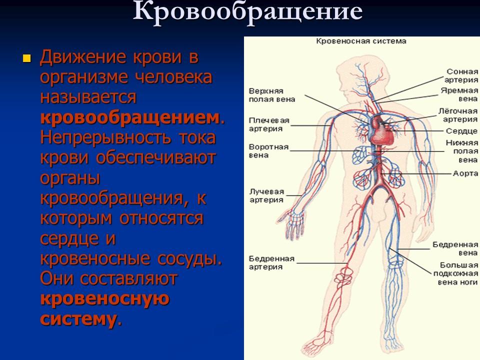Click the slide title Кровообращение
[x=248, y=12]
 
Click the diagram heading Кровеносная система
[x=360, y=41]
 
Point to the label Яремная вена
[x=459, y=95]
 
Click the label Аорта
[x=465, y=173]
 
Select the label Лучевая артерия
[x=266, y=195]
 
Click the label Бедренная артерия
[x=271, y=262]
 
